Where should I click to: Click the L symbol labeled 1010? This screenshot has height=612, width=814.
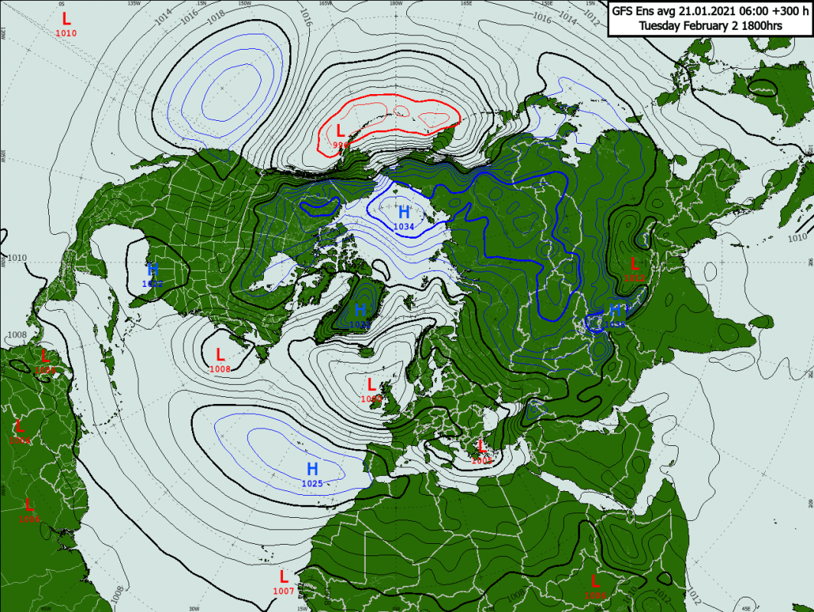coord(66,18)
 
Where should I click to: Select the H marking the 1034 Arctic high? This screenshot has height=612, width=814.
coord(404,212)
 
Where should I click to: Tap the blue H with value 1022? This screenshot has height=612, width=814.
coord(152,269)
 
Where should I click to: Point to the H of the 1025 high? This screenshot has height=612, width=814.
coord(312,468)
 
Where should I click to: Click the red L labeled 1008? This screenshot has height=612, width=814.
coord(220,355)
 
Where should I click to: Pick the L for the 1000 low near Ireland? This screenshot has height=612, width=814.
coord(372,384)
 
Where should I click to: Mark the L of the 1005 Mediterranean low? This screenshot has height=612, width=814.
coord(481,446)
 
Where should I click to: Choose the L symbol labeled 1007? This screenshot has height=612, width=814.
coord(283,576)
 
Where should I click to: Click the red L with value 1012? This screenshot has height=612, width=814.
coord(633,264)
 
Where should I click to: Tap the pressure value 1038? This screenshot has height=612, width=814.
coord(617,324)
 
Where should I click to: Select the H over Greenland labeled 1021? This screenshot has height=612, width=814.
coord(360,310)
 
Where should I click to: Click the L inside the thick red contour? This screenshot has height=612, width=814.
coord(340,130)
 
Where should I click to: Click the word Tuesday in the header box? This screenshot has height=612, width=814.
coord(661,25)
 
